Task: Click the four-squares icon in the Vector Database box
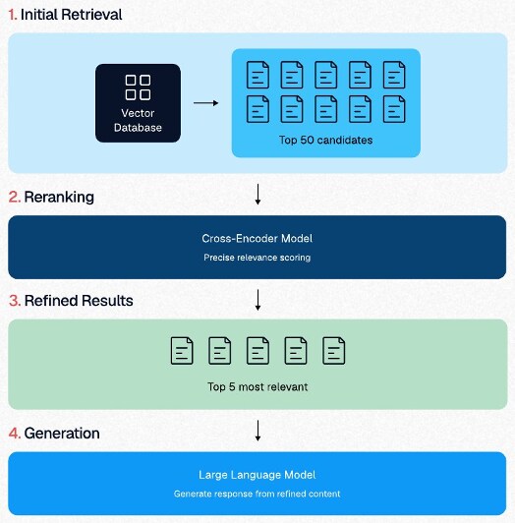pyautogui.click(x=138, y=87)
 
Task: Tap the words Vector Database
pyautogui.click(x=138, y=120)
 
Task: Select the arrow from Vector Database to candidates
pyautogui.click(x=205, y=103)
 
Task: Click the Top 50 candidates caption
pyautogui.click(x=326, y=140)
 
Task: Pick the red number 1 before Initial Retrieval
pyautogui.click(x=12, y=15)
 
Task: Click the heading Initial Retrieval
pyautogui.click(x=72, y=15)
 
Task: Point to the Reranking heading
pyautogui.click(x=59, y=198)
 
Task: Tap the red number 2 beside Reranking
pyautogui.click(x=15, y=198)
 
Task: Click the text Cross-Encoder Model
pyautogui.click(x=257, y=239)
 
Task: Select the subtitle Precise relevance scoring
pyautogui.click(x=257, y=258)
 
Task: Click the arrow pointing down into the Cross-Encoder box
pyautogui.click(x=257, y=194)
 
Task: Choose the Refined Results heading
pyautogui.click(x=79, y=301)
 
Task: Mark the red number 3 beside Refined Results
pyautogui.click(x=15, y=301)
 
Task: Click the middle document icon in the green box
pyautogui.click(x=257, y=351)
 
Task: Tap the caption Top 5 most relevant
pyautogui.click(x=257, y=387)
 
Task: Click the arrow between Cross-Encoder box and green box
pyautogui.click(x=257, y=300)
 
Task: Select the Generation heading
pyautogui.click(x=62, y=434)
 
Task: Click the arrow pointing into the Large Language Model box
pyautogui.click(x=257, y=431)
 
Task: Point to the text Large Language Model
pyautogui.click(x=257, y=475)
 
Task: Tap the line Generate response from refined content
pyautogui.click(x=257, y=494)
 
